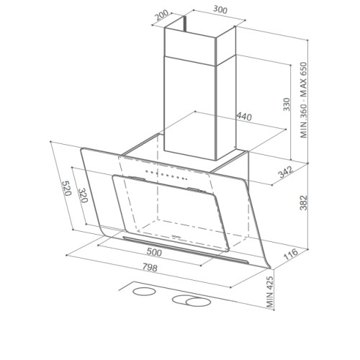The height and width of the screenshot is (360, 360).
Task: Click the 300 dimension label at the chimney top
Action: (x=220, y=10)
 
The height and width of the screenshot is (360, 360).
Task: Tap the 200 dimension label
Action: (x=162, y=16)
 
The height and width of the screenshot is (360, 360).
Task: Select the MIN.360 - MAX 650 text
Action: (x=304, y=100)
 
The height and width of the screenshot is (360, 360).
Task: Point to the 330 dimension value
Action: (x=287, y=104)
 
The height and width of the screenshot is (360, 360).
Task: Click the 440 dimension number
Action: (x=244, y=117)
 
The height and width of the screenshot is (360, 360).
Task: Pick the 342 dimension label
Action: (x=286, y=172)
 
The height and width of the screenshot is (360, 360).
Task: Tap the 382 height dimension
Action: (x=304, y=203)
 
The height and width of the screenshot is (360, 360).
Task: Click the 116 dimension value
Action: (x=291, y=254)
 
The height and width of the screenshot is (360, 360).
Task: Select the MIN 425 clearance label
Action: (x=270, y=292)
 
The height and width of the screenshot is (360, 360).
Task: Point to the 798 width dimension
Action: (x=150, y=267)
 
